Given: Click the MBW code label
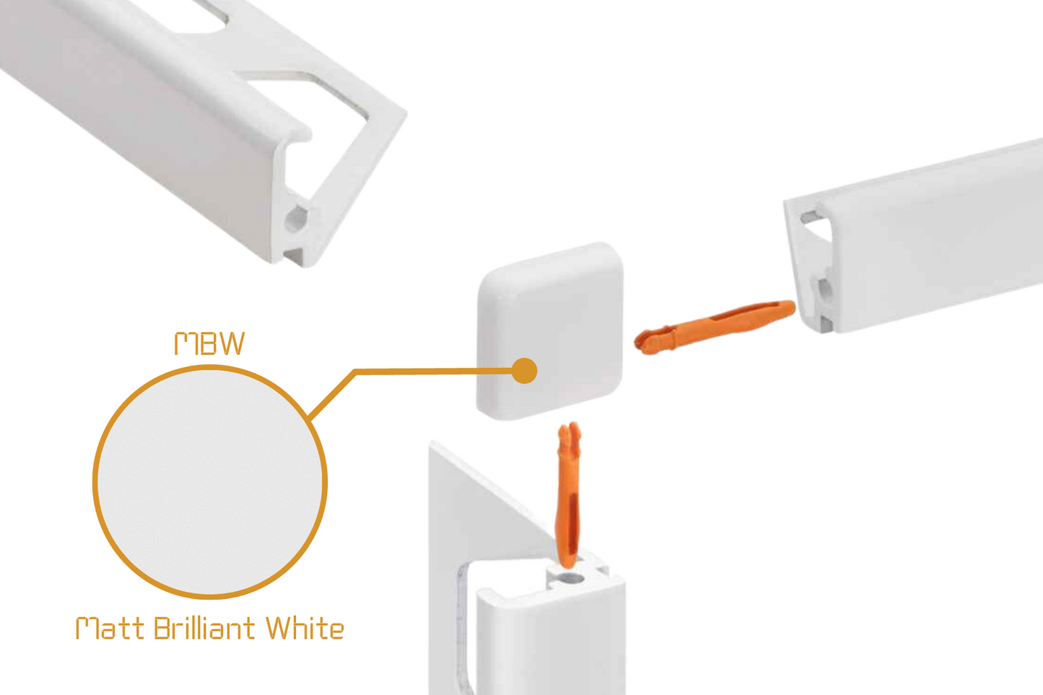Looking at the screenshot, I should [209, 344].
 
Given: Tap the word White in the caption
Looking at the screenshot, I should [304, 629].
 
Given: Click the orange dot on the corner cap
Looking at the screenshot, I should [524, 371].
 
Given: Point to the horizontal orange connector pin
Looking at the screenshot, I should [715, 325].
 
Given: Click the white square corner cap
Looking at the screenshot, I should [550, 318].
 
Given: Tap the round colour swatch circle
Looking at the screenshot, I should [209, 482].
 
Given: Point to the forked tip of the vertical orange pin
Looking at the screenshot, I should [569, 433].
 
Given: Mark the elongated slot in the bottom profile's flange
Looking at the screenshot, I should [463, 621].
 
